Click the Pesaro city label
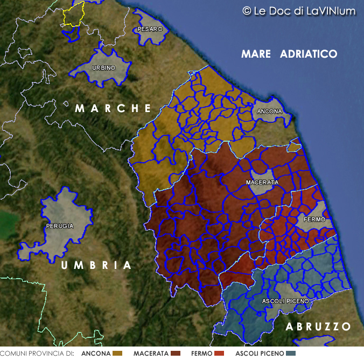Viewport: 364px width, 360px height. [x=150, y=29]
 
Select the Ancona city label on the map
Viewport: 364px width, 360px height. [x=269, y=112]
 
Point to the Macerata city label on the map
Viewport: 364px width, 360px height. [x=262, y=183]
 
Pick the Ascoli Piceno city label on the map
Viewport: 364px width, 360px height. [x=285, y=300]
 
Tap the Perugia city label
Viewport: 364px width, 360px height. [x=60, y=226]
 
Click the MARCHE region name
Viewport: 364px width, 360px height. [x=113, y=108]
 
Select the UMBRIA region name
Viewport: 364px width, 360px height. [x=96, y=266]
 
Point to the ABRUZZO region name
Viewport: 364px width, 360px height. [x=318, y=327]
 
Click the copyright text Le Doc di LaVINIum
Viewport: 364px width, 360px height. [x=299, y=11]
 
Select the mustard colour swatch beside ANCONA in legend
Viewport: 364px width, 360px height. [x=118, y=354]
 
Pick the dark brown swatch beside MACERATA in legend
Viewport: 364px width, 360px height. [x=175, y=354]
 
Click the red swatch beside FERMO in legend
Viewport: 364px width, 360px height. [x=219, y=354]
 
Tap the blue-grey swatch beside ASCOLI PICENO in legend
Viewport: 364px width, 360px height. [x=291, y=354]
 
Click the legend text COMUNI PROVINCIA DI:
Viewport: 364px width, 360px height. [x=37, y=354]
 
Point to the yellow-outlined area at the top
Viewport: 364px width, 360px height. [x=74, y=14]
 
